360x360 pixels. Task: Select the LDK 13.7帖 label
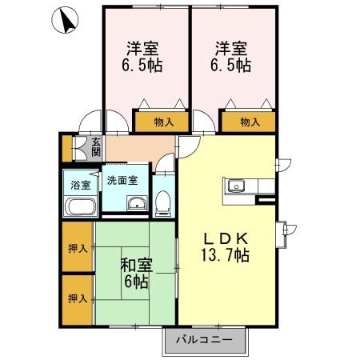click(x=226, y=246)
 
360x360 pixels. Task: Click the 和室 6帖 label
click(x=134, y=272)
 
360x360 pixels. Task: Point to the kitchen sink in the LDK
click(x=236, y=187)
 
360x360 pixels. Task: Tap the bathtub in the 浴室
click(x=80, y=208)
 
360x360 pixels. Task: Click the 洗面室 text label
click(x=122, y=180)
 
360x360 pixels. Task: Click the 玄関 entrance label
click(x=95, y=149)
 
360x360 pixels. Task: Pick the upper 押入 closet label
click(x=78, y=248)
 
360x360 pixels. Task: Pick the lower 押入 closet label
click(x=78, y=298)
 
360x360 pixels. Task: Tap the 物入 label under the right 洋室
click(x=249, y=122)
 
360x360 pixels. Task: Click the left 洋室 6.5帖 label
click(x=144, y=56)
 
